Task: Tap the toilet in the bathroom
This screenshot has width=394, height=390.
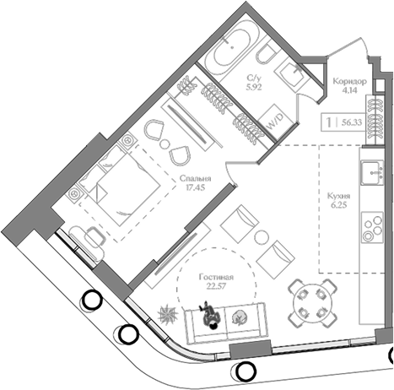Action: point(266,56)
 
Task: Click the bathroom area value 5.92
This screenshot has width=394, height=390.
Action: point(254,87)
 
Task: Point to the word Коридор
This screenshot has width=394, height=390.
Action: point(349,82)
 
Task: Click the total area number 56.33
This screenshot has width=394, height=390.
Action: point(352,122)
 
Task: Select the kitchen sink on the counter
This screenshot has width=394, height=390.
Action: point(372,173)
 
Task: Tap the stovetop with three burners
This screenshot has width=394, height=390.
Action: point(372,227)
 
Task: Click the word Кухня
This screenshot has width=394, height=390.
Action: point(338,196)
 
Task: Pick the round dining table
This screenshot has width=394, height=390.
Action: point(312,303)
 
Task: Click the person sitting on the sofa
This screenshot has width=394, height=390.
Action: point(210,315)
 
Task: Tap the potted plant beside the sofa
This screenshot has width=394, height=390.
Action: point(168,314)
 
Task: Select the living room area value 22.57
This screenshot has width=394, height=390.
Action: point(216,286)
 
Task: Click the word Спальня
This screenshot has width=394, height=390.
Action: point(195,178)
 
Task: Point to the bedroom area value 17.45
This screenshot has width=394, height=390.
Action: point(195,187)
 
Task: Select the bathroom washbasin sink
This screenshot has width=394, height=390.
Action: point(293,73)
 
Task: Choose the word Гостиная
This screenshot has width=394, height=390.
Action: point(216,278)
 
